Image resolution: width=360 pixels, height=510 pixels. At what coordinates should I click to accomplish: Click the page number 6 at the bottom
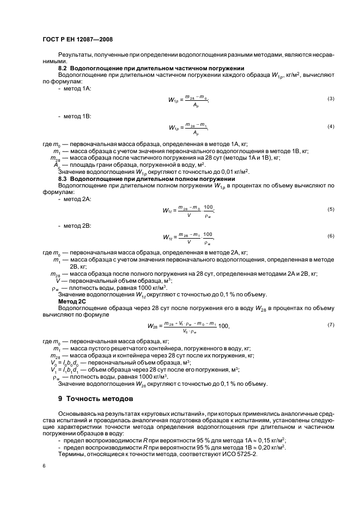(44, 466)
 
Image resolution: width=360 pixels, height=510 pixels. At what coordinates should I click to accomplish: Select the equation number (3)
(330, 99)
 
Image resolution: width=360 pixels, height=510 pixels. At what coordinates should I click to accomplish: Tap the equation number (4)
(330, 127)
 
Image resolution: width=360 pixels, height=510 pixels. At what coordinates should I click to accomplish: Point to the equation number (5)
(330, 209)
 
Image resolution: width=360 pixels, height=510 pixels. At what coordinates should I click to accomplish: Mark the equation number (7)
(330, 325)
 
